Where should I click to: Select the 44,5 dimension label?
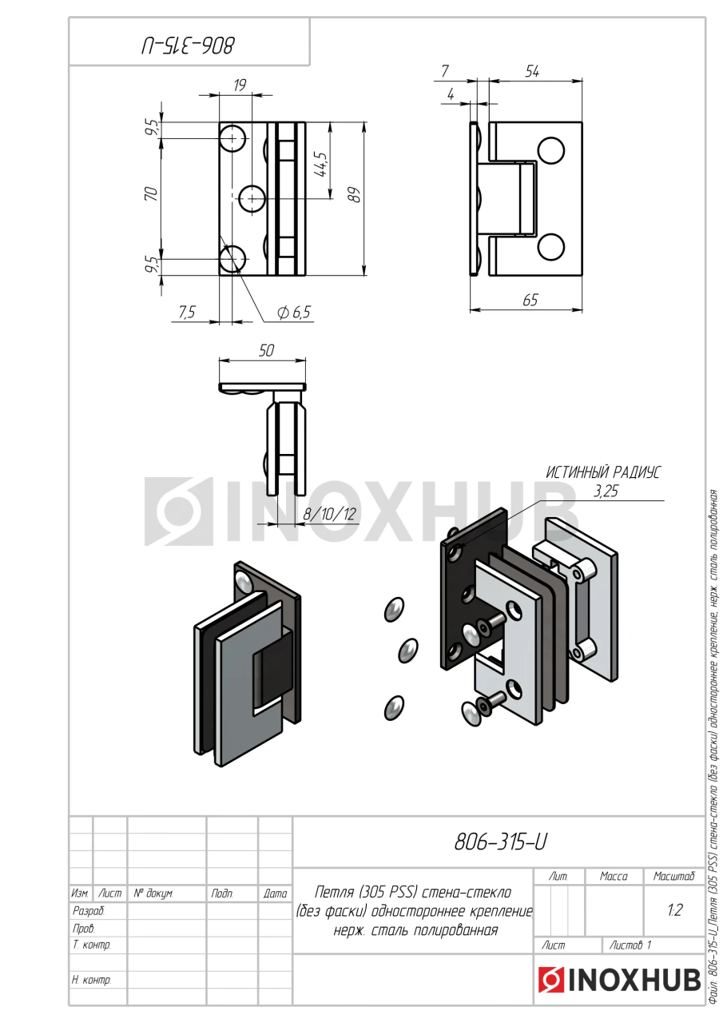coord(321,165)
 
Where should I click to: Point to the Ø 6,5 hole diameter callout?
coord(293,312)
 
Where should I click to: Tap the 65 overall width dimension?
coord(530,300)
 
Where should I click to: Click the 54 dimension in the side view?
coord(532,72)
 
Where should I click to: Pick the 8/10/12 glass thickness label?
coord(330,514)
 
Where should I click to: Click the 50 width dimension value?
coord(266,350)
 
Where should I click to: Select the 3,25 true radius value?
coord(606,492)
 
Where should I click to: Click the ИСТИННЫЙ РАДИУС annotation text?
coord(603,472)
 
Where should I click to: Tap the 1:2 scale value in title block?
coord(674,910)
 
